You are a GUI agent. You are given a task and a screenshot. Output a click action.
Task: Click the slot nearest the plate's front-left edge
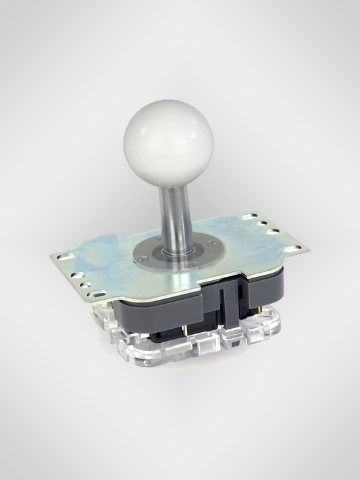97,294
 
